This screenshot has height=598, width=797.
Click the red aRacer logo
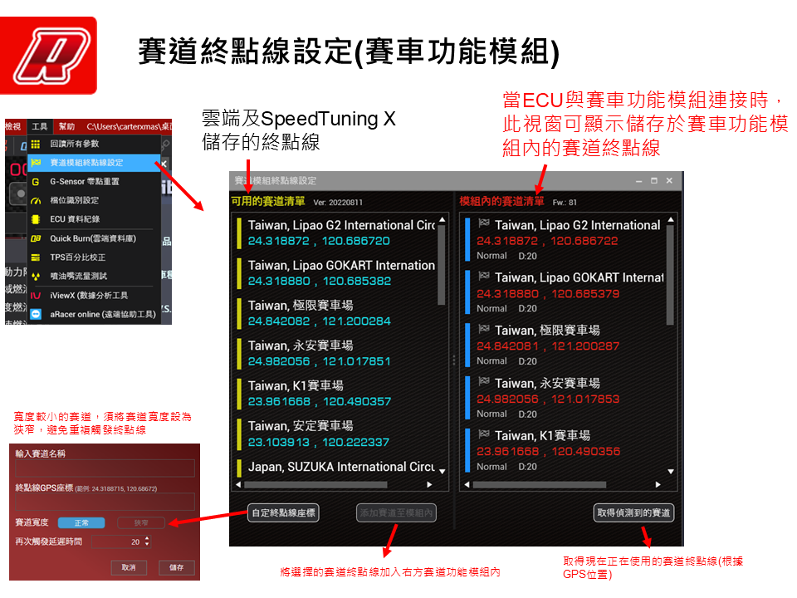click(x=49, y=55)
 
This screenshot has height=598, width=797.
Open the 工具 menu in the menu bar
click(x=39, y=127)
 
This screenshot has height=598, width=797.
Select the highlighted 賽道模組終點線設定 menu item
click(x=86, y=163)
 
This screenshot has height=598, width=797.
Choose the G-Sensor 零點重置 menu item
click(x=84, y=181)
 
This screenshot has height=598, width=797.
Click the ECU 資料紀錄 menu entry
click(x=75, y=219)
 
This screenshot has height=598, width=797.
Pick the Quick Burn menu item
click(x=92, y=238)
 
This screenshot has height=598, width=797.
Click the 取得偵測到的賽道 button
click(x=633, y=512)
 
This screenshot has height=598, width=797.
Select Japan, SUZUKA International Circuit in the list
click(x=340, y=467)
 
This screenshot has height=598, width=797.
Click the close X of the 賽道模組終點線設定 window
click(x=669, y=180)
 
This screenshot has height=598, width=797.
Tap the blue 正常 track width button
click(x=81, y=522)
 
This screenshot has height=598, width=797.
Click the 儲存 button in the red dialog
click(x=176, y=567)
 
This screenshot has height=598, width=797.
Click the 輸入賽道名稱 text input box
click(x=105, y=468)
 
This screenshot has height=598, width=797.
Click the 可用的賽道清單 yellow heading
click(x=269, y=201)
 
